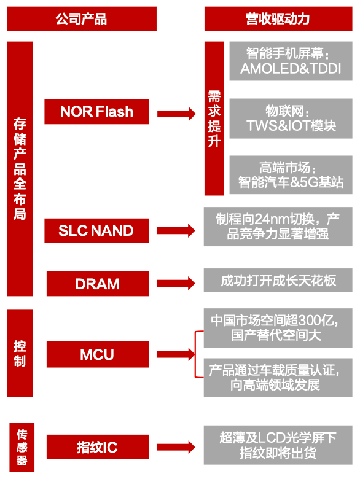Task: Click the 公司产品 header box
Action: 82,18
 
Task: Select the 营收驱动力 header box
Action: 278,18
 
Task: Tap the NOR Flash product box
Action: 96,112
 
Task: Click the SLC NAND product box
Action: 96,230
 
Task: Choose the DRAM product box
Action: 98,284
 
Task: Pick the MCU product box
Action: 98,354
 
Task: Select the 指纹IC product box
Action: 98,447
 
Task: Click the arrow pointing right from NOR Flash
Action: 176,114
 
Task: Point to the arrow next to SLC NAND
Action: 176,231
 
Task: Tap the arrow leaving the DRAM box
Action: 176,284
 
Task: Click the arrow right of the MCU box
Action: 176,354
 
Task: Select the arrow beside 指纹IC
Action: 176,448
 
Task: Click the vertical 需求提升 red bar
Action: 214,119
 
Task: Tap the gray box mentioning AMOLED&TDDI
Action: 291,61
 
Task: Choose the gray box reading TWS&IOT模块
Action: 291,119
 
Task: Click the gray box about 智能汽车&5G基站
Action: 291,175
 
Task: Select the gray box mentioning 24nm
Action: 278,227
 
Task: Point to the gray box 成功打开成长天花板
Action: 278,280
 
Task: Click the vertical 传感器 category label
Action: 22,447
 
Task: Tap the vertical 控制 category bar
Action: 20,353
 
